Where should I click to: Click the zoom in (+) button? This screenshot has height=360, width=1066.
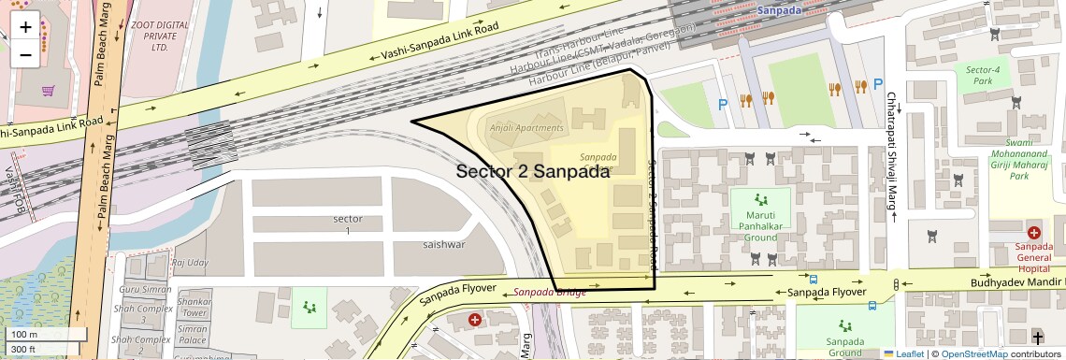pyautogui.click(x=25, y=27)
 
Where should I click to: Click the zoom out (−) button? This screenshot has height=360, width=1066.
pyautogui.click(x=25, y=54)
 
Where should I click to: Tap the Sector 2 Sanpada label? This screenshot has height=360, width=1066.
pyautogui.click(x=533, y=172)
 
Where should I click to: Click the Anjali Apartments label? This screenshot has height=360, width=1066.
pyautogui.click(x=527, y=128)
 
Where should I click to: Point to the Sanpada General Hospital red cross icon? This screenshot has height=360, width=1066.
pyautogui.click(x=1033, y=232)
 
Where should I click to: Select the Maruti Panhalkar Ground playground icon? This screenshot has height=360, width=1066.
pyautogui.click(x=761, y=198)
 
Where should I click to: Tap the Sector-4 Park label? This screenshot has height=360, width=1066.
pyautogui.click(x=983, y=75)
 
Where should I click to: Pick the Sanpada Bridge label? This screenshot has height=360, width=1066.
pyautogui.click(x=550, y=293)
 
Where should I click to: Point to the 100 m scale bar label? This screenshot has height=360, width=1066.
pyautogui.click(x=24, y=335)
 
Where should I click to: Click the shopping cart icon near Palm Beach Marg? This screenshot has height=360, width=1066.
pyautogui.click(x=48, y=91)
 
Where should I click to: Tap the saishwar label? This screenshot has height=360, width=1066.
pyautogui.click(x=443, y=244)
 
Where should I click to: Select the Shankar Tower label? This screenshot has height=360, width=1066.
pyautogui.click(x=194, y=308)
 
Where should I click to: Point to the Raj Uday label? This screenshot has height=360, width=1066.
pyautogui.click(x=190, y=263)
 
